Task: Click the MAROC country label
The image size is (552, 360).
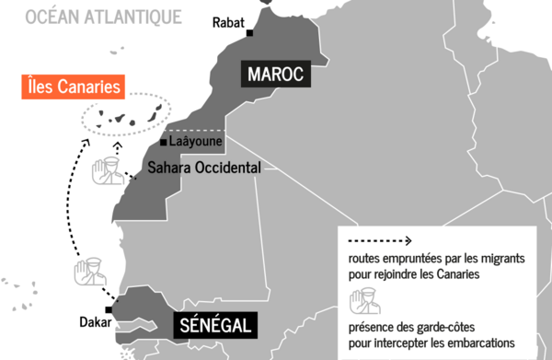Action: click(273, 74)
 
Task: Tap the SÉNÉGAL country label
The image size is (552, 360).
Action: click(215, 325)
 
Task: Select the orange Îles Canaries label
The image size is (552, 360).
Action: click(73, 88)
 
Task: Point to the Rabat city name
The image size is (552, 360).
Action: click(228, 21)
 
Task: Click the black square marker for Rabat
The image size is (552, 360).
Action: click(250, 34)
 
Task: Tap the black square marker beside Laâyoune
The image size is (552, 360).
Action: click(164, 143)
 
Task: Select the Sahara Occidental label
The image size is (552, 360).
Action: click(205, 168)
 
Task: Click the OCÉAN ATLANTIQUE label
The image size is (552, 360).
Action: click(104, 16)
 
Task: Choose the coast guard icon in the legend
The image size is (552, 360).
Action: click(361, 302)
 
